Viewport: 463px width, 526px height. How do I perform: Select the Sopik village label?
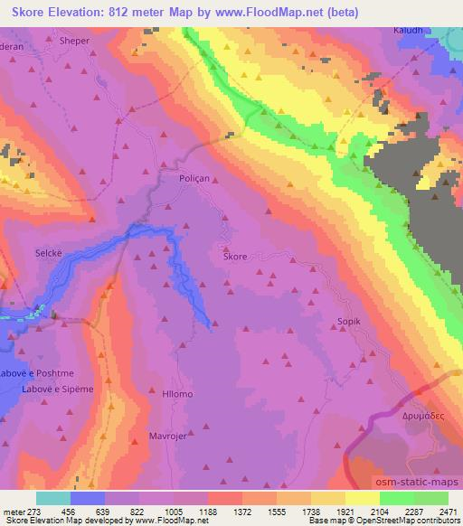pos(349,321)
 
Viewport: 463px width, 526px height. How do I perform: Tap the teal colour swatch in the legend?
pos(52,498)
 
